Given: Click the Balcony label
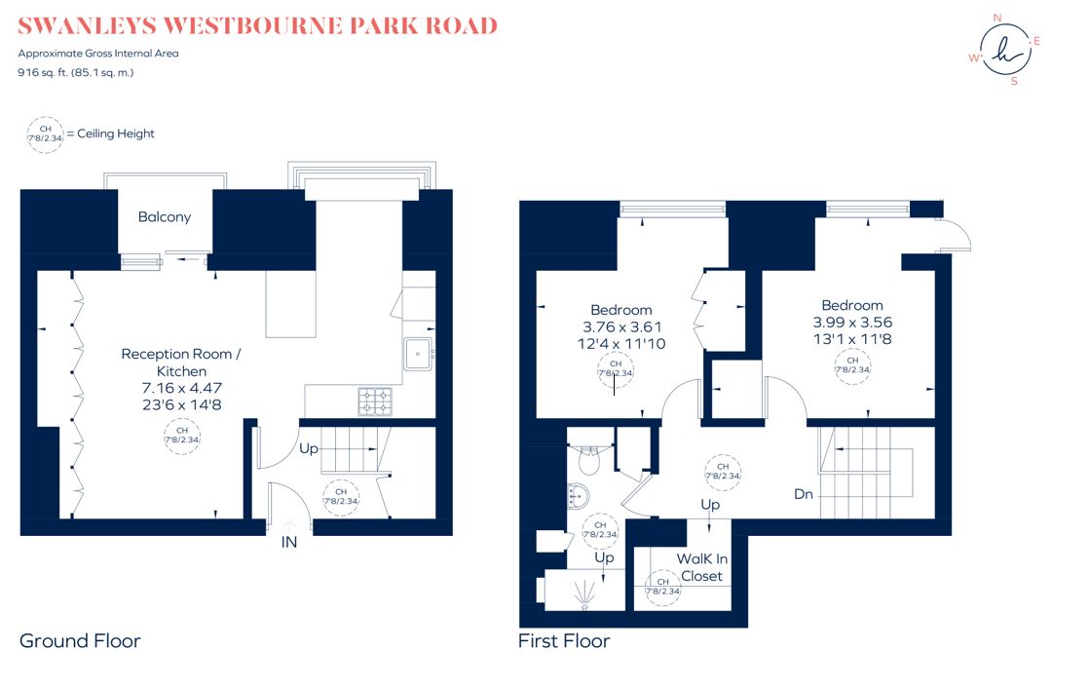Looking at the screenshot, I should click(164, 217).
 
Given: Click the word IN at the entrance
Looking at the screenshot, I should click(289, 543).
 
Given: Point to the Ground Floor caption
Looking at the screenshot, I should click(80, 640).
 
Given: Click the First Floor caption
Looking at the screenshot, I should click(565, 640).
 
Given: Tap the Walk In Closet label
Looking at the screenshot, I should click(701, 567).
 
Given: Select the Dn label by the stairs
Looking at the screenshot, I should click(803, 494).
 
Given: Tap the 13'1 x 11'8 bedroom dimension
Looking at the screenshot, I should click(852, 338).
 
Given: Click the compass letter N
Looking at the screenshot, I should click(996, 18).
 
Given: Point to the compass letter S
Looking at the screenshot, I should click(1014, 81).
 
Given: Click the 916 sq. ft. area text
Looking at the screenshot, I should click(47, 72).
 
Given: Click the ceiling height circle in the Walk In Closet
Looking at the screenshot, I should click(662, 587).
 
